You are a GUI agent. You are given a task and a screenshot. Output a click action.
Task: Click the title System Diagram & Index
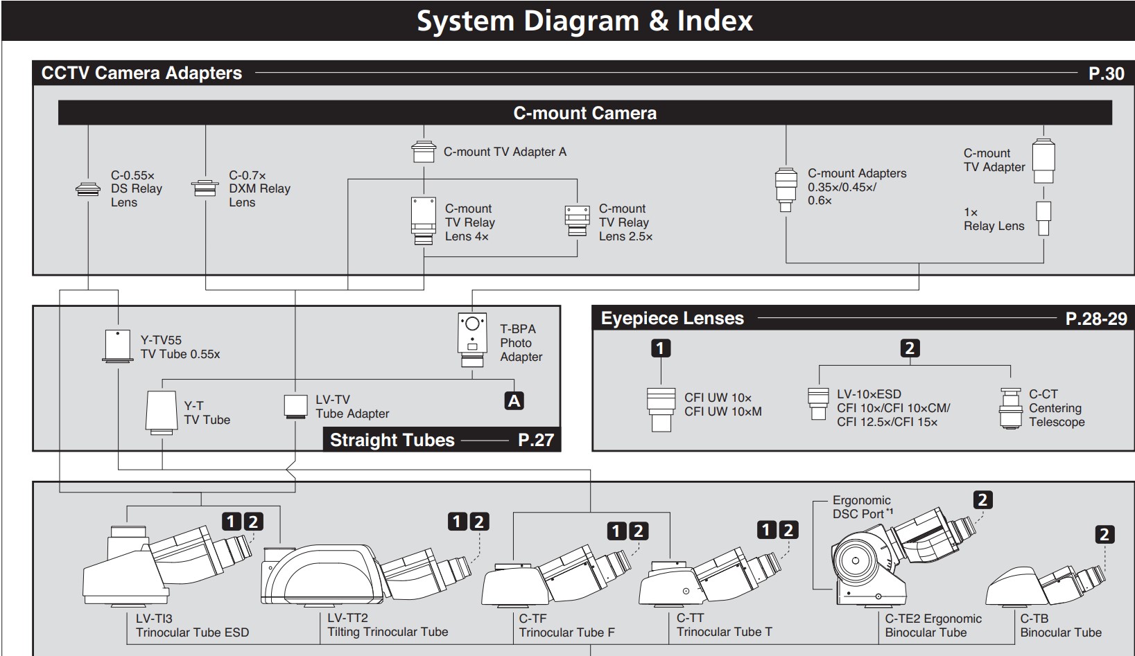tap(584, 21)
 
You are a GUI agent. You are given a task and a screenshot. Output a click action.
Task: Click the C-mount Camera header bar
tap(584, 113)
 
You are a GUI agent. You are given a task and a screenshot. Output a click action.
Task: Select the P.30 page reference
tap(1106, 73)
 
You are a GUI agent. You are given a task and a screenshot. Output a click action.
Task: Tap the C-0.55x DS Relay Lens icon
tap(88, 188)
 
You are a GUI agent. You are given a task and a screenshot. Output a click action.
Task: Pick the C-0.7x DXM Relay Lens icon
tap(205, 188)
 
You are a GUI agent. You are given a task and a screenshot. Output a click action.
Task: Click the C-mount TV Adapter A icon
tap(424, 152)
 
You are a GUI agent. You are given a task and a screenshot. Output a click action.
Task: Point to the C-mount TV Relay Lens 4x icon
tap(424, 221)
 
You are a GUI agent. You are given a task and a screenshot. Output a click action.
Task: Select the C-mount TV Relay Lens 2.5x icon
tap(577, 221)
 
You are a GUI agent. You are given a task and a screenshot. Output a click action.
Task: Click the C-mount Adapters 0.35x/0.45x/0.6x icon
tap(786, 188)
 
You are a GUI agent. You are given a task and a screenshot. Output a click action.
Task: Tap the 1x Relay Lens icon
tap(1043, 218)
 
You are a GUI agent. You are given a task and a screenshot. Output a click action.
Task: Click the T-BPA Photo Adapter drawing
tap(472, 340)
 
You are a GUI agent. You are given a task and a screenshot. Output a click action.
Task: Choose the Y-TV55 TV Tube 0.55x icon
tap(118, 346)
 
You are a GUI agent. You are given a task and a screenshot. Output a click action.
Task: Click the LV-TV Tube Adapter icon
tap(296, 407)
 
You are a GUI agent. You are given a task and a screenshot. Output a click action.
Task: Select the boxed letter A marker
tap(514, 401)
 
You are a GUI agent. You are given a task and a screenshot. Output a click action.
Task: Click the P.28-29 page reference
tap(1096, 319)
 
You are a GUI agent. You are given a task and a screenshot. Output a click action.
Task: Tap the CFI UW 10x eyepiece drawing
tap(661, 409)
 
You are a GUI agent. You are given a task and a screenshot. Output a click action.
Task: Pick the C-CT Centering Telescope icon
tap(1011, 408)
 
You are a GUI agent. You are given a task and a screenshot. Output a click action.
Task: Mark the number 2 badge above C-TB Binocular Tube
tap(1105, 535)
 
